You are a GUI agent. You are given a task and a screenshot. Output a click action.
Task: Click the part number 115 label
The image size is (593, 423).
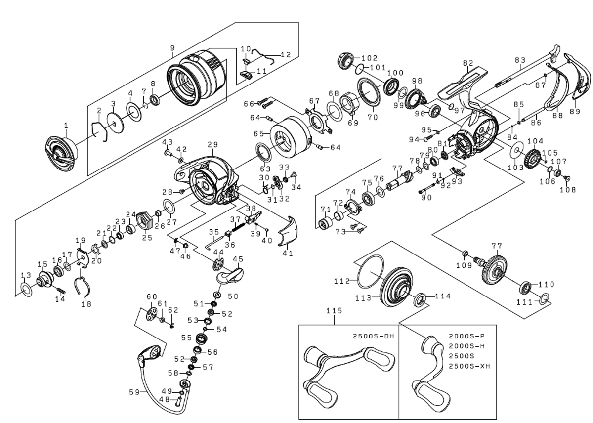point(334,312)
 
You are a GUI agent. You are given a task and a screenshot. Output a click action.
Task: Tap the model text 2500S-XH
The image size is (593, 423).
point(469,366)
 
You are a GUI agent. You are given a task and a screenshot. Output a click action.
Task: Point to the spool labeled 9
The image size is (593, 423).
point(195,79)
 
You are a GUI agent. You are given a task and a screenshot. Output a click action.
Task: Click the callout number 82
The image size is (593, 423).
point(468,63)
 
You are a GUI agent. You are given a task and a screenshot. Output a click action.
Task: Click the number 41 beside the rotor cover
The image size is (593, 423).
point(288,253)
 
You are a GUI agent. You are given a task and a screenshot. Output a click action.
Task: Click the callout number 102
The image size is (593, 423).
point(369,58)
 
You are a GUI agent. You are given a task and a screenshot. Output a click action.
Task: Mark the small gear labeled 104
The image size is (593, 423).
point(534,158)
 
